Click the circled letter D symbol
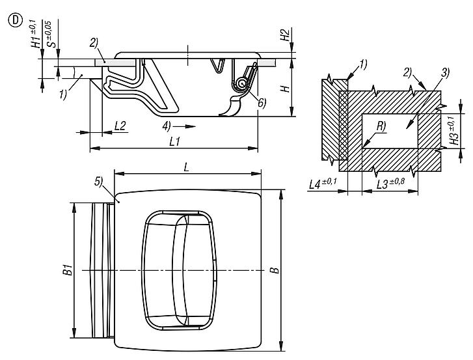(x=16, y=21)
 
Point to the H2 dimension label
(x=285, y=35)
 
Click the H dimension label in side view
(x=285, y=89)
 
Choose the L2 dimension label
(x=120, y=126)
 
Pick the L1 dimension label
(x=174, y=141)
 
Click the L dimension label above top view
(x=187, y=167)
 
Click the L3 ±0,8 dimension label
(x=390, y=184)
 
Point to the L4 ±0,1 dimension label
(x=323, y=184)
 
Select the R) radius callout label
(x=381, y=126)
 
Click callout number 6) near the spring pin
(x=262, y=104)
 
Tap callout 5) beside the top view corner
(x=99, y=182)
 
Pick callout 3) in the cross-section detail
(x=445, y=73)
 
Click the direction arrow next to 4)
(x=185, y=126)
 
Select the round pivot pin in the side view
(x=241, y=83)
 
